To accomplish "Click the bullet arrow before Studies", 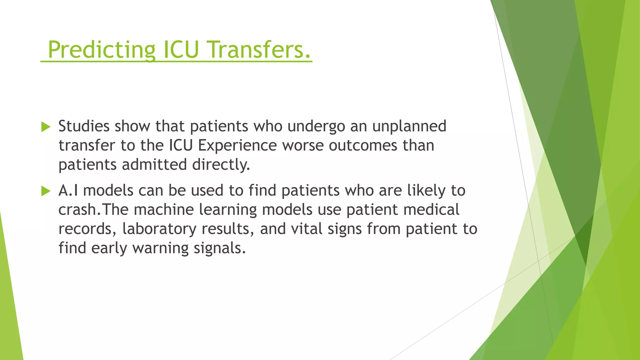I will (46, 127).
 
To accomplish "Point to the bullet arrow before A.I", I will (46, 191).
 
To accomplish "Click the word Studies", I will (84, 126).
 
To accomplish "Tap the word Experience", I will (237, 146).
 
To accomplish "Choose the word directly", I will (221, 165).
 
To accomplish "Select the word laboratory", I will (159, 229).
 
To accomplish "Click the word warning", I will (160, 248).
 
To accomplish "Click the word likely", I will (426, 191).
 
